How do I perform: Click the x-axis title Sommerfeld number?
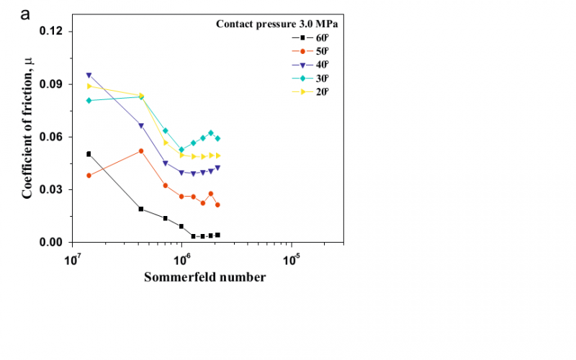[x=204, y=277]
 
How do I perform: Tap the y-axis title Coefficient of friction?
[x=28, y=137]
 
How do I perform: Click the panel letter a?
[x=25, y=14]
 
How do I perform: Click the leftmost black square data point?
[x=89, y=154]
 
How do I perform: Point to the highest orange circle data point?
[x=141, y=150]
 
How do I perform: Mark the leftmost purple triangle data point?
[x=89, y=75]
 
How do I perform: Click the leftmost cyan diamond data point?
[x=89, y=100]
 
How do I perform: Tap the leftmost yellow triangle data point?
[x=89, y=86]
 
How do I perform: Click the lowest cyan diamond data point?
[x=181, y=150]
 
